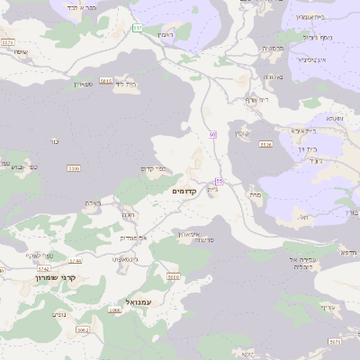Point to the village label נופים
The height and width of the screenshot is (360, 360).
59,314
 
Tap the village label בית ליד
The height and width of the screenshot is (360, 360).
125,84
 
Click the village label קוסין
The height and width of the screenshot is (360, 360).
241,133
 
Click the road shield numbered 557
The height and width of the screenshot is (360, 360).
138,28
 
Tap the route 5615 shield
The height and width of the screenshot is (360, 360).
106,81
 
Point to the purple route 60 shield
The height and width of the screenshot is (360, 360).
212,134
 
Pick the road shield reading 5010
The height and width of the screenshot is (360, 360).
174,276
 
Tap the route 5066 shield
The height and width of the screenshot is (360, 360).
114,310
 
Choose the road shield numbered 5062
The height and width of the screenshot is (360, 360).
83,329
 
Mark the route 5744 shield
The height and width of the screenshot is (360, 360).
75,261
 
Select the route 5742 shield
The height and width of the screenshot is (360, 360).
43,268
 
